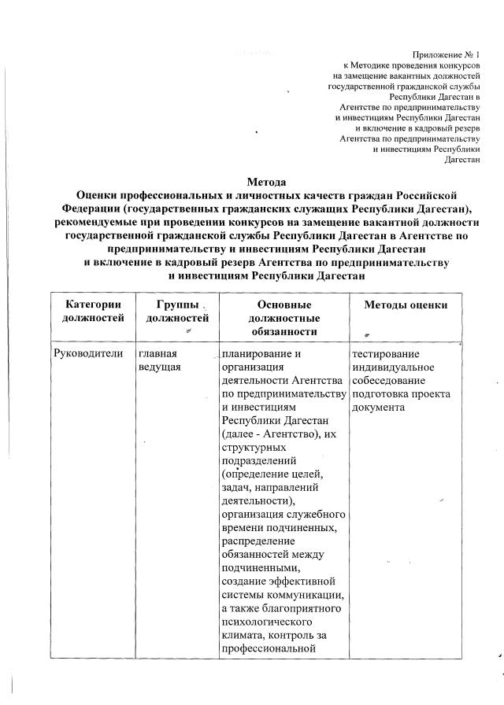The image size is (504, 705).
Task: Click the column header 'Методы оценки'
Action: click(x=406, y=305)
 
